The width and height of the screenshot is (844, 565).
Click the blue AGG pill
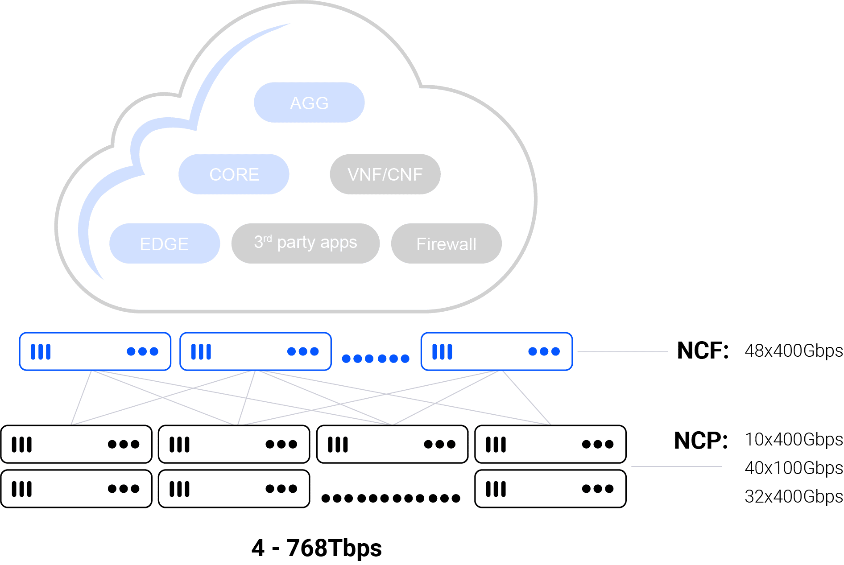[x=309, y=103]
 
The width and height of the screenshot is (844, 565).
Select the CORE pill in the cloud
[x=234, y=174]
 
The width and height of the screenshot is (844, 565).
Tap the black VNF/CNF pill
[x=385, y=174]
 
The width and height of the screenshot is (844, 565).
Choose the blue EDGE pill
[x=165, y=244]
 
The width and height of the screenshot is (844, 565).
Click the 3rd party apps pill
[x=305, y=243]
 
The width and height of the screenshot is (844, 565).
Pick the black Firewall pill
[x=446, y=244]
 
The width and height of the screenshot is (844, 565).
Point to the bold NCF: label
[x=703, y=351]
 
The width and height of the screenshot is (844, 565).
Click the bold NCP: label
[x=700, y=441]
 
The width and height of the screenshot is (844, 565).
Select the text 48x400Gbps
[x=794, y=351]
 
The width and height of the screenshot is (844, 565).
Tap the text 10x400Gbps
[x=794, y=440]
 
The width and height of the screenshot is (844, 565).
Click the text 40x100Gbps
[x=794, y=468]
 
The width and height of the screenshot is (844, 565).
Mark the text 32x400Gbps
[x=794, y=496]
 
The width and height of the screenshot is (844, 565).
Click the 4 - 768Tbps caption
[x=317, y=548]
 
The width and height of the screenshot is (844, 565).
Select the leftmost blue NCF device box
[x=95, y=351]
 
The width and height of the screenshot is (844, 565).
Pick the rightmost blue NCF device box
[x=496, y=351]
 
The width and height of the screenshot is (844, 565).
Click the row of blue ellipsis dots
[x=375, y=359]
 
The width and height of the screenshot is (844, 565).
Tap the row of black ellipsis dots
[x=391, y=498]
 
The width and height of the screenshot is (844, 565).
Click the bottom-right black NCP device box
[x=550, y=489]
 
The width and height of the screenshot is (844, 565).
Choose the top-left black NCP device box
[x=76, y=444]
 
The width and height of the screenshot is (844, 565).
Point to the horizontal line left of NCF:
[x=622, y=351]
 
